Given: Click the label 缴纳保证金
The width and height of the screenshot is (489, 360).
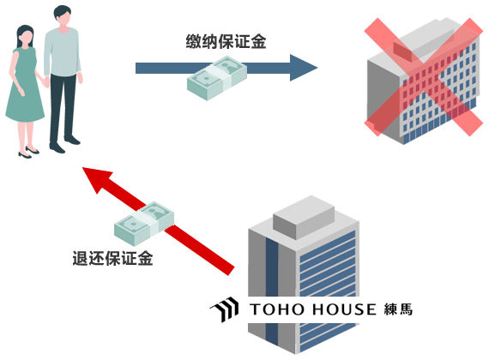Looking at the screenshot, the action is (226, 41).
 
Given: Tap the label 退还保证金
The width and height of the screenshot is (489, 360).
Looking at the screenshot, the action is (112, 258).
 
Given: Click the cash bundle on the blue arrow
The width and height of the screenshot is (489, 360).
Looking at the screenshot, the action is (217, 78).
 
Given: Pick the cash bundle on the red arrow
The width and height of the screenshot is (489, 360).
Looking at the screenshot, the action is (144, 223).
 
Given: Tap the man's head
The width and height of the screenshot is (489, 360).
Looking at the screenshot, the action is (63, 15).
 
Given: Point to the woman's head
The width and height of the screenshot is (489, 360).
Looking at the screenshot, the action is (25, 37).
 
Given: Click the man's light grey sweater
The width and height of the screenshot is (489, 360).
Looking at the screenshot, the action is (63, 52).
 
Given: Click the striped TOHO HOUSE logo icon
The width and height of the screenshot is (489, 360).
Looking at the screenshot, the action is (225, 309).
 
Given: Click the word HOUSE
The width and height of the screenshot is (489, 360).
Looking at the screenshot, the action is (344, 309).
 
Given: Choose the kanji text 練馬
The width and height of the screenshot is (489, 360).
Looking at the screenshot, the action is (398, 309).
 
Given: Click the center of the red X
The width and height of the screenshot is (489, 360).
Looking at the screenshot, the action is (424, 77).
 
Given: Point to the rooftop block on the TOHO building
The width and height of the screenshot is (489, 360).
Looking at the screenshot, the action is (304, 217).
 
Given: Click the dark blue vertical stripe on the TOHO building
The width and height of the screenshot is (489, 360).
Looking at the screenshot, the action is (272, 293).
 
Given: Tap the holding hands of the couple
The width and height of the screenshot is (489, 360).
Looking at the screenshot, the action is (47, 81).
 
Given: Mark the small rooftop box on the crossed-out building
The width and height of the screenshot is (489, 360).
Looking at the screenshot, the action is (402, 51).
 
